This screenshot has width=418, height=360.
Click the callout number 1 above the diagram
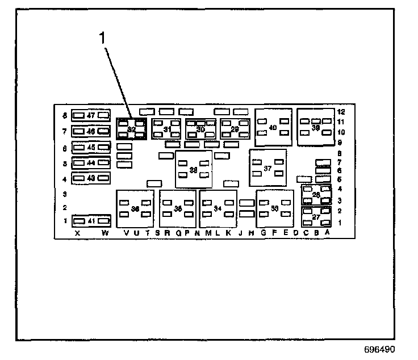point(103,38)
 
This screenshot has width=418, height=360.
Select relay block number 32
point(131,129)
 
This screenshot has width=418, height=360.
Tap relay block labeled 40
point(273,127)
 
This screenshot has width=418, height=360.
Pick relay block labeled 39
point(316,127)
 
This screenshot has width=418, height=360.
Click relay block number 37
point(267,169)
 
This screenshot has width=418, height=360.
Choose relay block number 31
point(167,129)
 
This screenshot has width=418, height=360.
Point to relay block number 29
point(235,129)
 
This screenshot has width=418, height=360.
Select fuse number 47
point(91,116)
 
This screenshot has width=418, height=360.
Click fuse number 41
point(91,221)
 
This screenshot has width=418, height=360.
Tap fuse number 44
point(91,163)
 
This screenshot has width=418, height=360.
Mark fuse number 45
point(91,148)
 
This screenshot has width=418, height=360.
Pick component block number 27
point(316,216)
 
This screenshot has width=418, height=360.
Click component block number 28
point(316,195)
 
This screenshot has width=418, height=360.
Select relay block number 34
point(218,208)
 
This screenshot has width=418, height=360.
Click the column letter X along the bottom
point(77,233)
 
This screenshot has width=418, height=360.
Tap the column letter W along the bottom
point(104,233)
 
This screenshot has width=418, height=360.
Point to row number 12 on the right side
point(341,112)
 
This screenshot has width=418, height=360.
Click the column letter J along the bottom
point(240,233)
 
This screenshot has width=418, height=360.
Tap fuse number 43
point(91,178)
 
